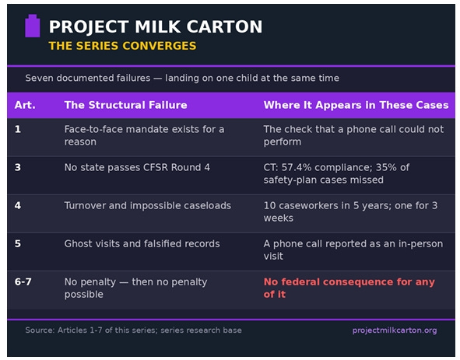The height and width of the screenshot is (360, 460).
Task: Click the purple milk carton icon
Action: tap(32, 26)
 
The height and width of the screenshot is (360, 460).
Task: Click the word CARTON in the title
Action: tap(224, 26)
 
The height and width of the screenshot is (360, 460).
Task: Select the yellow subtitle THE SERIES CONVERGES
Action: tap(122, 46)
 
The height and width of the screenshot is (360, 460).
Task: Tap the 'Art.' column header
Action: tap(25, 105)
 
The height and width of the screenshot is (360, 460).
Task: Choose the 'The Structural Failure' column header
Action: tap(125, 105)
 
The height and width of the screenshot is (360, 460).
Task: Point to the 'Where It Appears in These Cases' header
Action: tap(356, 105)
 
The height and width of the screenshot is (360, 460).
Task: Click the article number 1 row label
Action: tap(18, 129)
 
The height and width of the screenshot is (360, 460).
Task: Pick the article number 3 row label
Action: tap(18, 167)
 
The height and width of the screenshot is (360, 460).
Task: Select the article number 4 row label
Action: tap(18, 205)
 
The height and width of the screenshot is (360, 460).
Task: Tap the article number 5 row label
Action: tap(18, 243)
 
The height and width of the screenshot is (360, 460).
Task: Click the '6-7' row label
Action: tap(23, 281)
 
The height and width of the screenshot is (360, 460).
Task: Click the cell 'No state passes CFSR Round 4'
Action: tap(137, 167)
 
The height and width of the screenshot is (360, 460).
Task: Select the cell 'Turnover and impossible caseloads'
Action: tap(148, 205)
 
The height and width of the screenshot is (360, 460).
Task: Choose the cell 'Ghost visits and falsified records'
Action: tap(142, 243)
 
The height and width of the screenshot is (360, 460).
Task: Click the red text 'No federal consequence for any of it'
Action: tap(349, 288)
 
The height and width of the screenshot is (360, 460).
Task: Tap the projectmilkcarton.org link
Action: tap(395, 330)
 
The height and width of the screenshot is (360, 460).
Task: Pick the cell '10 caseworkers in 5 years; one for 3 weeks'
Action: tap(350, 211)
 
